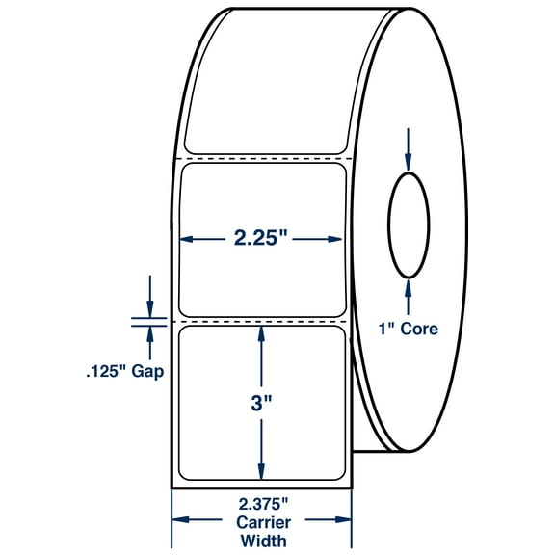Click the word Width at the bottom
(261, 542)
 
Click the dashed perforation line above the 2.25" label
(264, 158)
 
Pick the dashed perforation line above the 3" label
(264, 319)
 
